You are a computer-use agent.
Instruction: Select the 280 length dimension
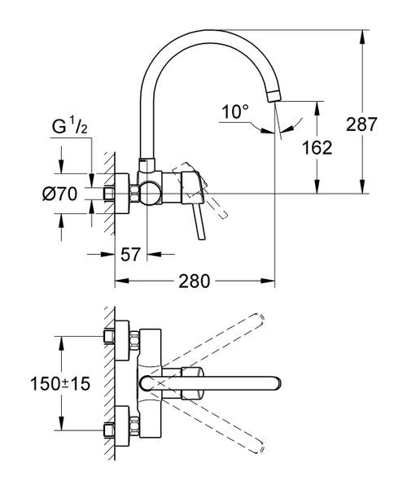tap(195, 282)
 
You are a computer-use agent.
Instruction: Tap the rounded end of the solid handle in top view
tap(277, 382)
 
